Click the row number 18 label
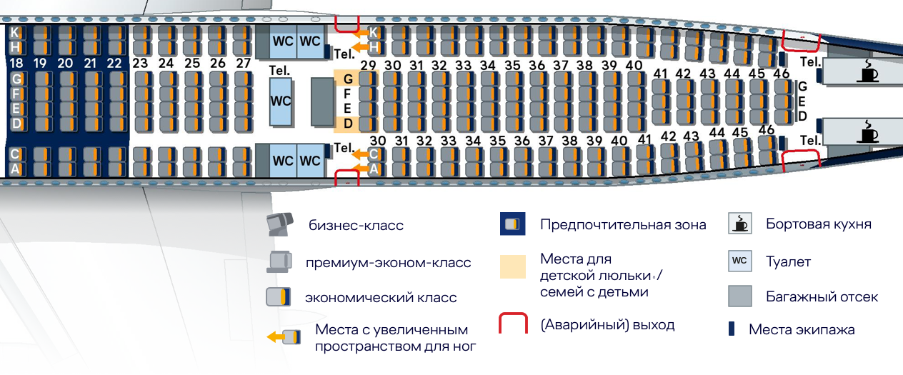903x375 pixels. pos(16,63)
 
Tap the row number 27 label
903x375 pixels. pos(243,63)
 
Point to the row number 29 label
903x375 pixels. pos(368,66)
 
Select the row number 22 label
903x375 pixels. pos(114,63)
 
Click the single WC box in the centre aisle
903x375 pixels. pos(281,101)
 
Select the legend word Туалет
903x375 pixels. pos(788,262)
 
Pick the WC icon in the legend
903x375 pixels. pos(739,261)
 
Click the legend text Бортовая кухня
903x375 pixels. pos(818,224)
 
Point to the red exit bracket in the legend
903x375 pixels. pos(512,324)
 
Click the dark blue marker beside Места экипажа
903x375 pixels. pos(732,329)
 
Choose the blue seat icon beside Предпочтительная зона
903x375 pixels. pos(513,224)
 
